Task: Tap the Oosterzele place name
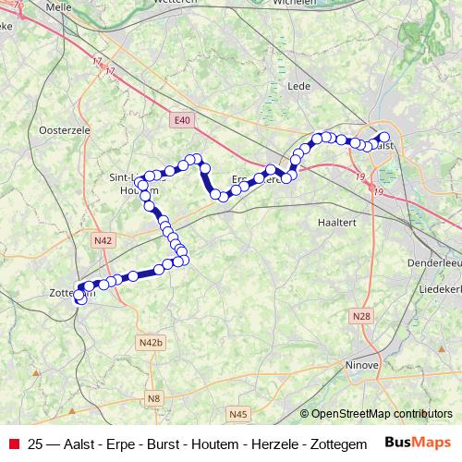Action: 65,131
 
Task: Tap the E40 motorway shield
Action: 181,119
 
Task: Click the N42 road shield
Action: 103,240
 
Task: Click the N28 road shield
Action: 361,317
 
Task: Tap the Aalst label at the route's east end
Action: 385,145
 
